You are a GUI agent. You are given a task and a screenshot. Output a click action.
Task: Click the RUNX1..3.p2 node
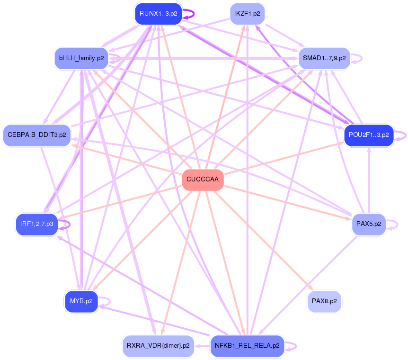[x=158, y=13]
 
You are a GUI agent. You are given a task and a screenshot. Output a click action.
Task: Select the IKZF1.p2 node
[x=247, y=14]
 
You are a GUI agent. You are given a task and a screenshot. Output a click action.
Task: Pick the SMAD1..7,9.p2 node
[x=324, y=58]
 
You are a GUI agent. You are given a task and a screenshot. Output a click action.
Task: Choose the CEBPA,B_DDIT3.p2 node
[x=36, y=135]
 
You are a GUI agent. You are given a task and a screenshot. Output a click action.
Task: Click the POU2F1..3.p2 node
[x=369, y=135]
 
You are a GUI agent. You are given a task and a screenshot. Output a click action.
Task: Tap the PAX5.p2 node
[x=369, y=224]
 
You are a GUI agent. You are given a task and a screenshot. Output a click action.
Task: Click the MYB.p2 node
[x=81, y=301]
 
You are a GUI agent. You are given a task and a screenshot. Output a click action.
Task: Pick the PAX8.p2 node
[x=324, y=301]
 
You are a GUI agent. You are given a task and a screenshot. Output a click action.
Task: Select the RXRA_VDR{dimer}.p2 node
[x=158, y=346]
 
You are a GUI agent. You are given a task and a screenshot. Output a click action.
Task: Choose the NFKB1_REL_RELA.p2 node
[x=247, y=346]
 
